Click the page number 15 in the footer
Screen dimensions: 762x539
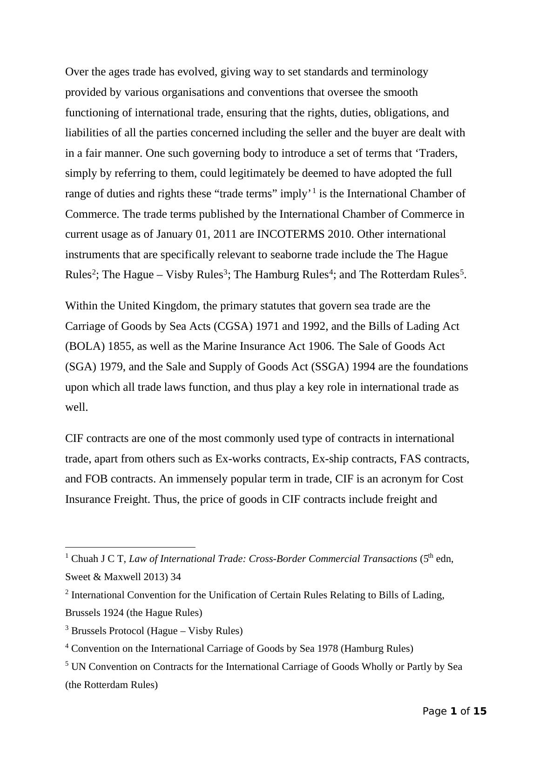pyautogui.click(x=479, y=711)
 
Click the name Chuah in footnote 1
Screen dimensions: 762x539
pyautogui.click(x=84, y=559)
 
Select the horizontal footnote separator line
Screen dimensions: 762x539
pyautogui.click(x=130, y=548)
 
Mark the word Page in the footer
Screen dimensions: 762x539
pyautogui.click(x=434, y=711)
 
